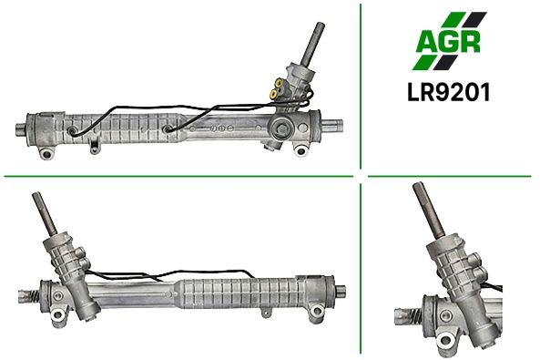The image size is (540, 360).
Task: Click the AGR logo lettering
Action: point(448,41)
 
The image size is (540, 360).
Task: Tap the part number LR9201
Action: point(448,92)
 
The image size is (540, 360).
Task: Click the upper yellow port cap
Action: point(278,83)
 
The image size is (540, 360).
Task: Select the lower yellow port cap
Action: point(274,94)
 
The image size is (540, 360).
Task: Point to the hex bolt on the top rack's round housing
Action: point(282,129)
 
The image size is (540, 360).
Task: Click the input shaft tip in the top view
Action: point(320,25)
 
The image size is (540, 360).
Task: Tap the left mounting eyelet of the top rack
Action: point(46,153)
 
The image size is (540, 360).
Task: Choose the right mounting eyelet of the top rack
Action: point(301,150)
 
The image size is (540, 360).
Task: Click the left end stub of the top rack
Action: point(21,129)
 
